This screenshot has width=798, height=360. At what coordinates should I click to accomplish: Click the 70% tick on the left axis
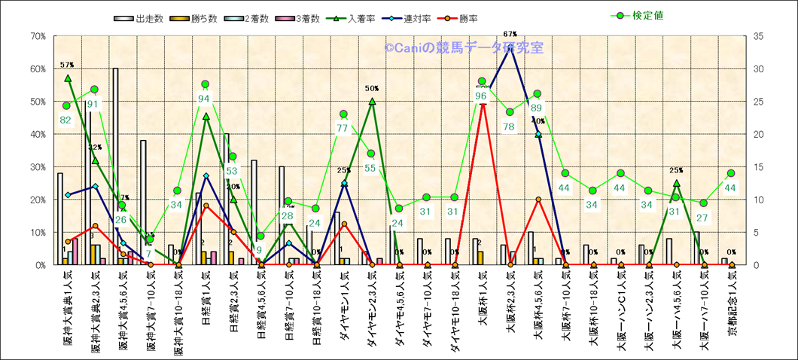coord(36,36)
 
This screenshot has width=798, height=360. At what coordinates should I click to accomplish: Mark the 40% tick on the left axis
coord(36,134)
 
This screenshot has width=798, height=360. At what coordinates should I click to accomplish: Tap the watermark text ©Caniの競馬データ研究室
coord(463,47)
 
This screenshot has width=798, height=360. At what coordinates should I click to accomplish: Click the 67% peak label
coord(510,34)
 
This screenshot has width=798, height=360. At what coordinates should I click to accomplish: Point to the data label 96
coord(482,96)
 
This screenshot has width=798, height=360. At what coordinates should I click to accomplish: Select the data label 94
coord(205,99)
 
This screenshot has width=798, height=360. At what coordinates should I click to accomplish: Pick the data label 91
coord(93,104)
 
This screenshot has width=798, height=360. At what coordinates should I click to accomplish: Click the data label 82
coord(65,120)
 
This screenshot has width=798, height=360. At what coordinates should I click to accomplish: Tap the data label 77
coord(343,128)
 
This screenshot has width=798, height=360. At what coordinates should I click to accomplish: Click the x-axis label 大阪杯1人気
coord(483,304)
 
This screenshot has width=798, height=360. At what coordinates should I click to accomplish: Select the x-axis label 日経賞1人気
coord(206,304)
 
